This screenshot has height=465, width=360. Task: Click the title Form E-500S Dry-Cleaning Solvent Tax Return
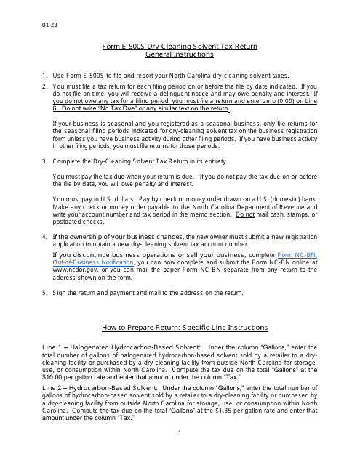point(180,46)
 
